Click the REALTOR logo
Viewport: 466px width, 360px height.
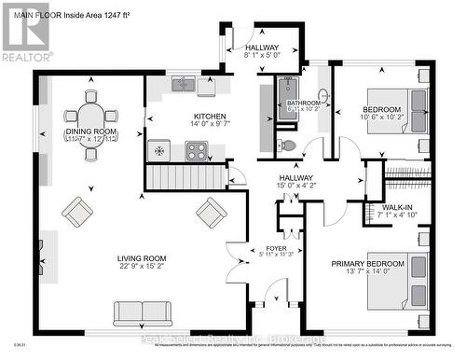click(25, 33)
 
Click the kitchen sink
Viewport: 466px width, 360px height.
click(184, 86)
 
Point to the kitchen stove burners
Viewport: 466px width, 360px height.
click(197, 150)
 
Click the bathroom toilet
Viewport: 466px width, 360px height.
click(287, 145)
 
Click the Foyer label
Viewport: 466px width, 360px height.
click(275, 248)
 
